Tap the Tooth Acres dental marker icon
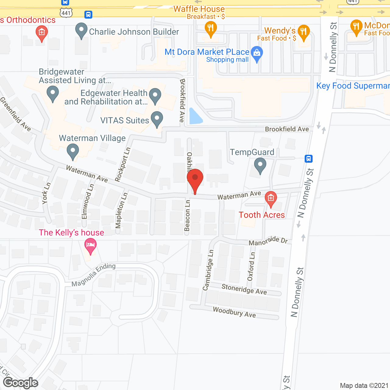pyautogui.click(x=271, y=198)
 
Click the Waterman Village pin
pyautogui.click(x=73, y=151)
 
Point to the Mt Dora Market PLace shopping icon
pyautogui.click(x=257, y=53)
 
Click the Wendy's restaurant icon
pyautogui.click(x=303, y=32)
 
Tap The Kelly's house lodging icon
pyautogui.click(x=90, y=246)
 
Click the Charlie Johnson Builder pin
pyautogui.click(x=81, y=30)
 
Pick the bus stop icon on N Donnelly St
pyautogui.click(x=308, y=159)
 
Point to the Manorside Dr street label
pyautogui.click(x=268, y=241)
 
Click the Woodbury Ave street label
pyautogui.click(x=234, y=312)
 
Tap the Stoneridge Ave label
pyautogui.click(x=244, y=289)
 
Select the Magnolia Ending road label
pyautogui.click(x=94, y=275)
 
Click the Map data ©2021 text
pyautogui.click(x=364, y=386)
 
